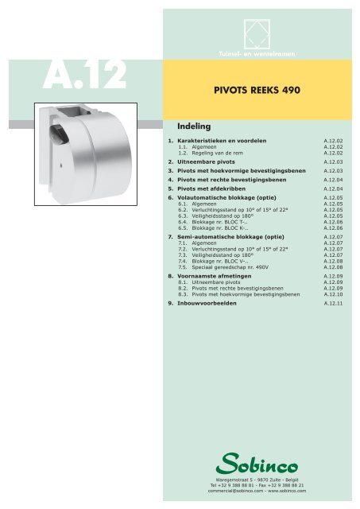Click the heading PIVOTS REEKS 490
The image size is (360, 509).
254,90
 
